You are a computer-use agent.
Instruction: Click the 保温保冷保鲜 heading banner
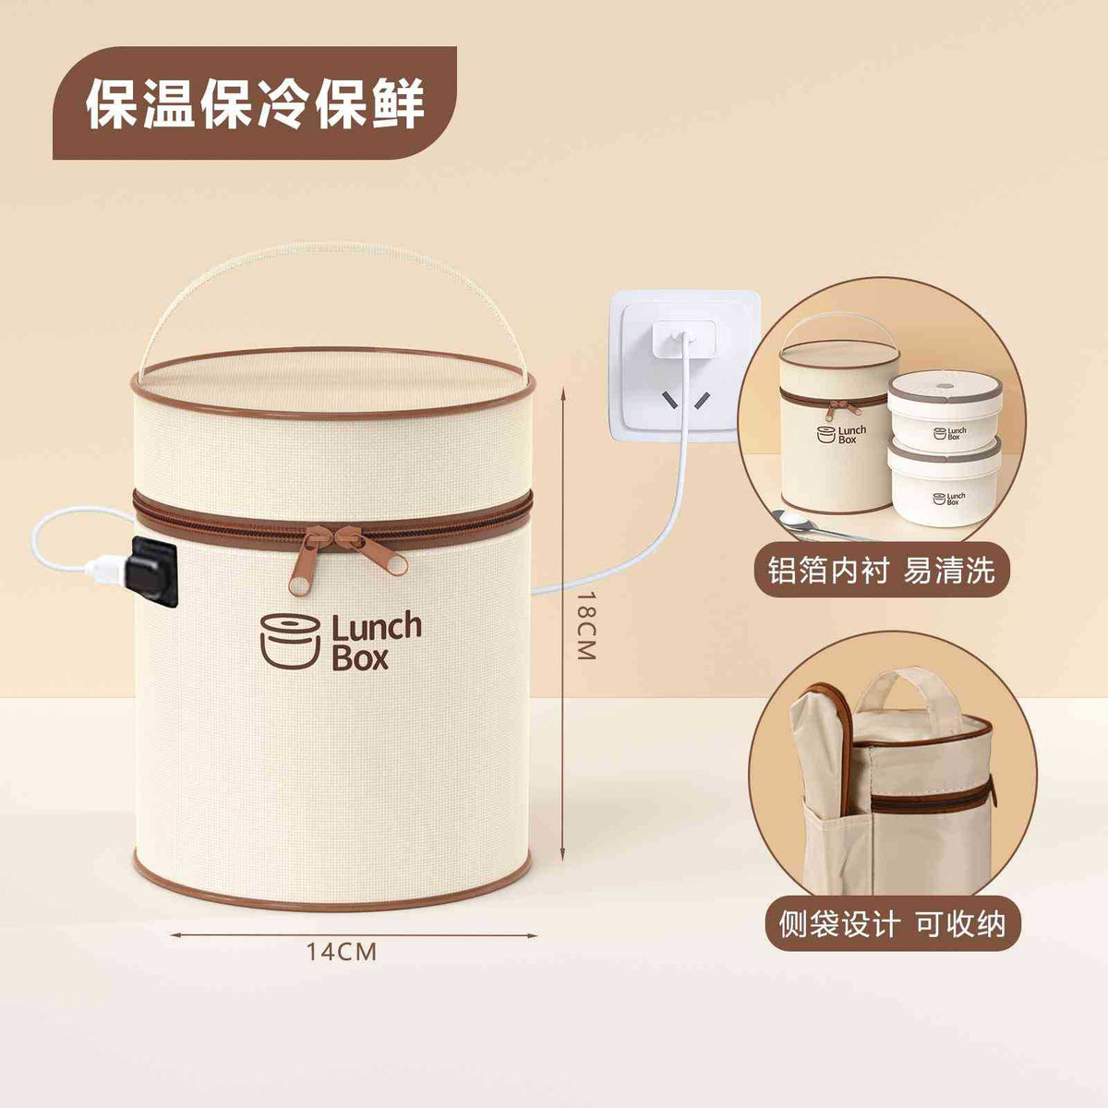255,102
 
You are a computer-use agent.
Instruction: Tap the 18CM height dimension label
585,625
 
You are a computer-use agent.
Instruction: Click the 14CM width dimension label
341,952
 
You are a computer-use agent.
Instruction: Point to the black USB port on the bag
153,570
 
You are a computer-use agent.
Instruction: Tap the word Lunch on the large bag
377,627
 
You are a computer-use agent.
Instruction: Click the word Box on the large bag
360,657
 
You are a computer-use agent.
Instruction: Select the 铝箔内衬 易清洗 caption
881,571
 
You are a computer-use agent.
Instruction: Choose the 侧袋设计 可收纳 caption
892,924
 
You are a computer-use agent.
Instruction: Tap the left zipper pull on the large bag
304,563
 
